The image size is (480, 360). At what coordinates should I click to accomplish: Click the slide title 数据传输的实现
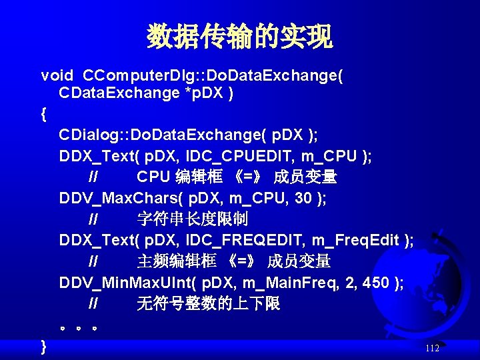[x=239, y=37]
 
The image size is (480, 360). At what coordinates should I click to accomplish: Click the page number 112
[x=431, y=348]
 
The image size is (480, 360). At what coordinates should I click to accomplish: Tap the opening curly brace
[x=44, y=114]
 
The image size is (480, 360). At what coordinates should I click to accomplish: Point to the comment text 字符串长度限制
[x=192, y=219]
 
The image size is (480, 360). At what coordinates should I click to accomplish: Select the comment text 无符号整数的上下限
[x=208, y=304]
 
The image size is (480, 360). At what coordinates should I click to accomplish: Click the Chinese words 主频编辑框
[x=176, y=261]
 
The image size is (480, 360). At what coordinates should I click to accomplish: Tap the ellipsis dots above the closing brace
[x=80, y=328]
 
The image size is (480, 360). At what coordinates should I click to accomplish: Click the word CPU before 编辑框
[x=153, y=177]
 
